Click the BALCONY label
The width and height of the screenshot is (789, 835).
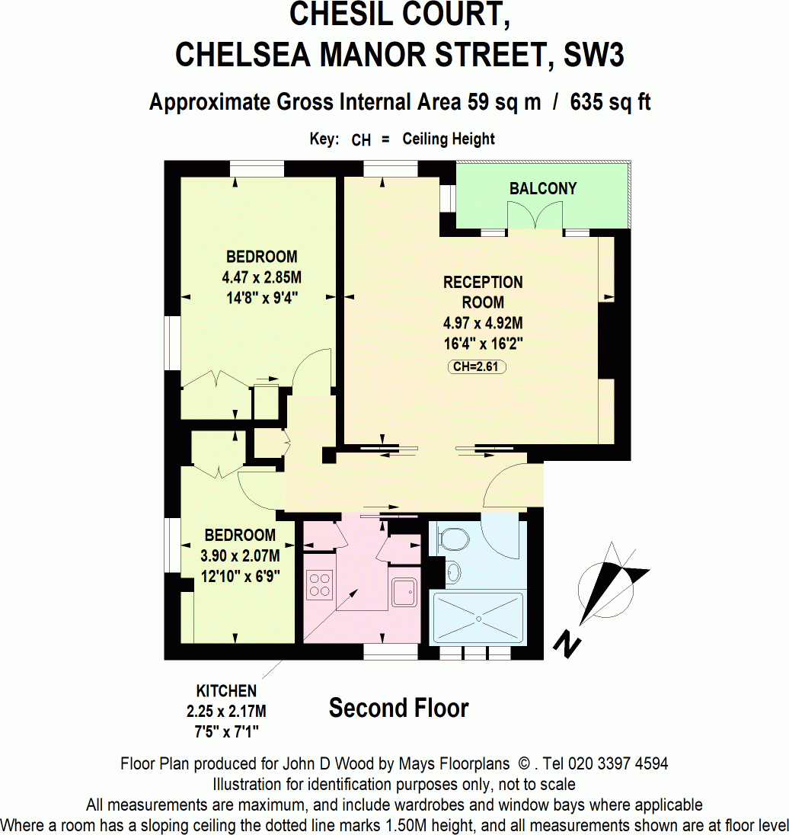click(543, 188)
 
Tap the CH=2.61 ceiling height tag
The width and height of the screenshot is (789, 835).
click(477, 366)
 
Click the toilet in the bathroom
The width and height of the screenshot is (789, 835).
click(454, 539)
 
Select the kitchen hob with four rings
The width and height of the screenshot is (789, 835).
click(320, 585)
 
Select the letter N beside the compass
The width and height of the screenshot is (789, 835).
click(567, 645)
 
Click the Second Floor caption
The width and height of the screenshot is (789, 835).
click(398, 709)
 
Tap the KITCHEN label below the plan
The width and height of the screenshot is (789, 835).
click(226, 691)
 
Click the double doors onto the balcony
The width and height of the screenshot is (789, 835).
click(536, 219)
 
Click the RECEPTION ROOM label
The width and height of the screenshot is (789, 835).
click(483, 292)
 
